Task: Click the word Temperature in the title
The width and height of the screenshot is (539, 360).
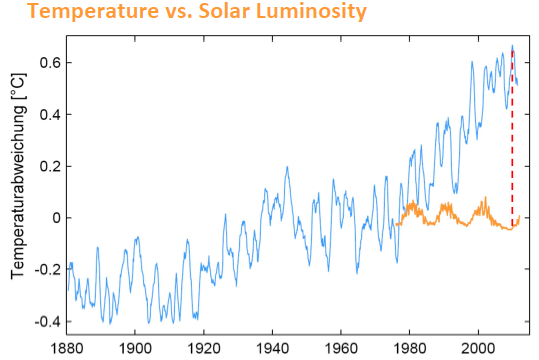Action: point(93,12)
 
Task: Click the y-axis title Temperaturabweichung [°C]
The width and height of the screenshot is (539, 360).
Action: point(18,176)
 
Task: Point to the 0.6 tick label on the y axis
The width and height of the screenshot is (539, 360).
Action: point(51,63)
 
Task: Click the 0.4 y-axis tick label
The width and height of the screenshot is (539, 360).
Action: point(51,115)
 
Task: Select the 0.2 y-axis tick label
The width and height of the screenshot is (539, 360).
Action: point(51,167)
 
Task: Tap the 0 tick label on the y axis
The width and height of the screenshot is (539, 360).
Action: point(57,218)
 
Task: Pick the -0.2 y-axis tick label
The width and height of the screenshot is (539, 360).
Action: point(48,270)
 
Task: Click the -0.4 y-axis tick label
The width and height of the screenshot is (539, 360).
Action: point(48,322)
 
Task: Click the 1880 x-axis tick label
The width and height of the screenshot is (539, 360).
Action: point(67,348)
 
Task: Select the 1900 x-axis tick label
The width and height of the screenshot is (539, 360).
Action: point(135,348)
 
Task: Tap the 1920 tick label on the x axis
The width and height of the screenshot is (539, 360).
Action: point(204,348)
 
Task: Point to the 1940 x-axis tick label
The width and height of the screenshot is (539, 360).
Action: point(273,348)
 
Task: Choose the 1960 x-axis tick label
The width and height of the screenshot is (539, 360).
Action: point(341,348)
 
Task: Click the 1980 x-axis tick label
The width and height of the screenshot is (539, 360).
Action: point(410,348)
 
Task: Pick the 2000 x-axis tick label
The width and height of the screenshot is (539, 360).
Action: point(478,348)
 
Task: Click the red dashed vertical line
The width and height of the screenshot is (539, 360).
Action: point(512,138)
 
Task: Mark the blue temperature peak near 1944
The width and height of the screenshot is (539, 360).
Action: point(287,167)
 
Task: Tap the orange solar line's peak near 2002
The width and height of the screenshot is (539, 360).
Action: point(485,197)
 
